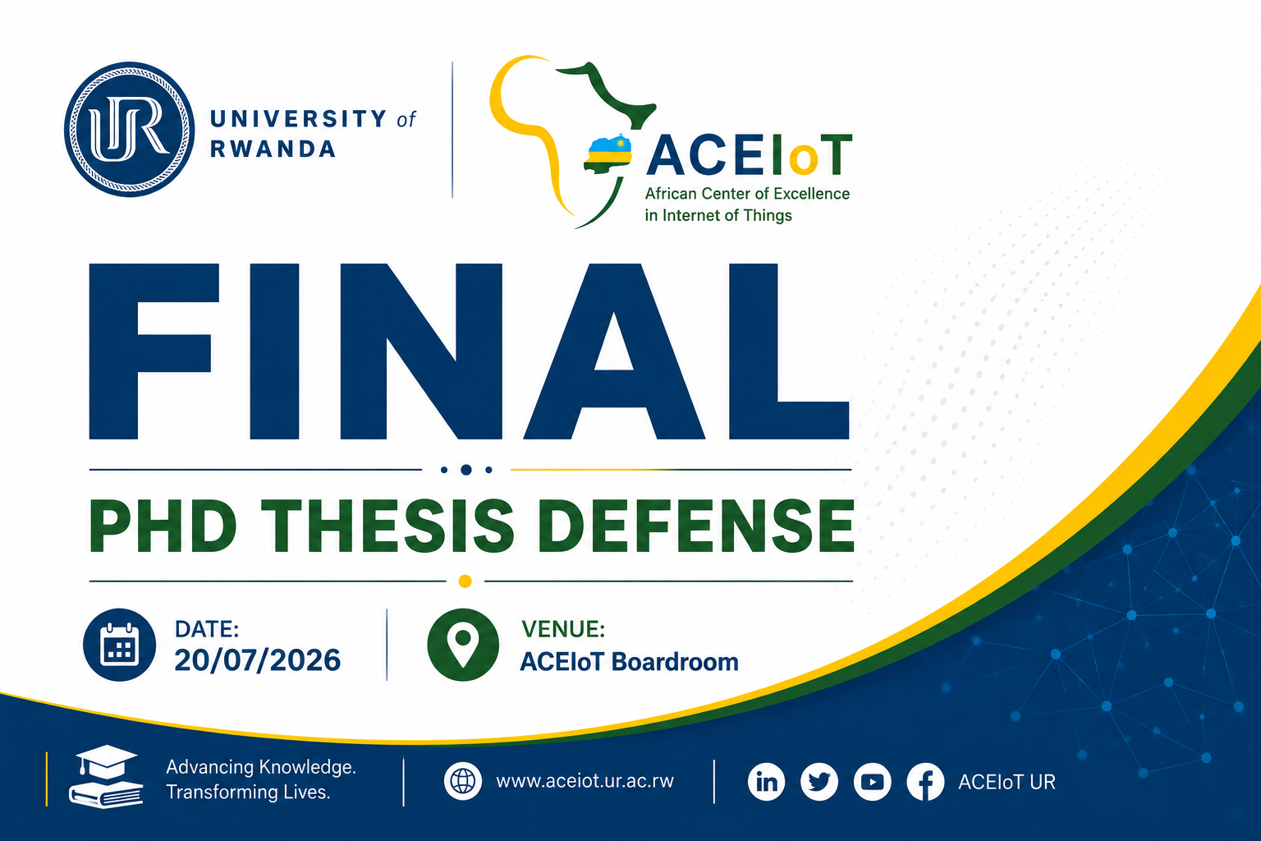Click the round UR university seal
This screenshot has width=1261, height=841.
[x=130, y=130]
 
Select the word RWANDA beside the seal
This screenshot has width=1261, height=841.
[x=273, y=149]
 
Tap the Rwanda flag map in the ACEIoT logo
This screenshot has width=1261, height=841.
[x=608, y=154]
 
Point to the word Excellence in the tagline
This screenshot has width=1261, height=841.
[x=811, y=194]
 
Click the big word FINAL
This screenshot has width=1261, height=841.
[x=470, y=352]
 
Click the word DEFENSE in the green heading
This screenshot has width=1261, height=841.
[x=696, y=526]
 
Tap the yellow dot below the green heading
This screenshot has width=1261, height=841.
[x=465, y=581]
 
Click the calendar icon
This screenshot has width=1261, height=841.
[x=119, y=645]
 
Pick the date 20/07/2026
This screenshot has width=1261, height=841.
[x=257, y=660]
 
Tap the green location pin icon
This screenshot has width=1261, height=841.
[x=463, y=645]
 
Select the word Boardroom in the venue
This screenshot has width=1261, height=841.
[x=675, y=662]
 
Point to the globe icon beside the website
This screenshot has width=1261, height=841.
[x=463, y=781]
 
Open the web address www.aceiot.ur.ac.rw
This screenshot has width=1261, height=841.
[x=585, y=781]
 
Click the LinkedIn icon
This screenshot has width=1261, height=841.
[x=766, y=782]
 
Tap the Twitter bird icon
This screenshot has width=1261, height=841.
[x=819, y=782]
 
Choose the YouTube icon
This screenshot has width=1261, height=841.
[x=872, y=782]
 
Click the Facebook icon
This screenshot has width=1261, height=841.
[x=925, y=782]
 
